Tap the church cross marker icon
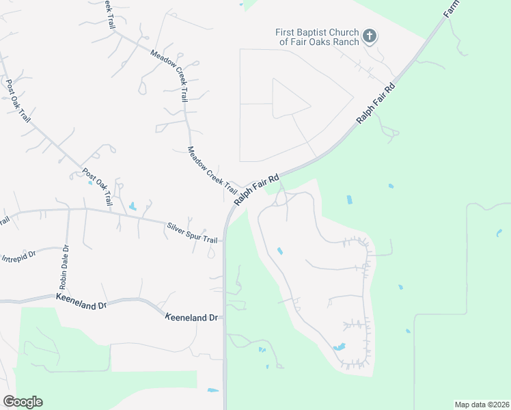point(369,36)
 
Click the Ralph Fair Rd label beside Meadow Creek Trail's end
point(257,189)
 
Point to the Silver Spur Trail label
point(192,232)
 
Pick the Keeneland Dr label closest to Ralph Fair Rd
point(192,317)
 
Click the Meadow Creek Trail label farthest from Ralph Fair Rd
point(169,76)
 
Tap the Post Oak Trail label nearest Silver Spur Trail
point(98,187)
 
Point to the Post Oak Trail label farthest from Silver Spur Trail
point(18,100)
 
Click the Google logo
point(23,402)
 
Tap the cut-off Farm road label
point(450,8)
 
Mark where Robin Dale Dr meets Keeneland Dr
point(68,296)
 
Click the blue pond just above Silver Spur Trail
point(132,206)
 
